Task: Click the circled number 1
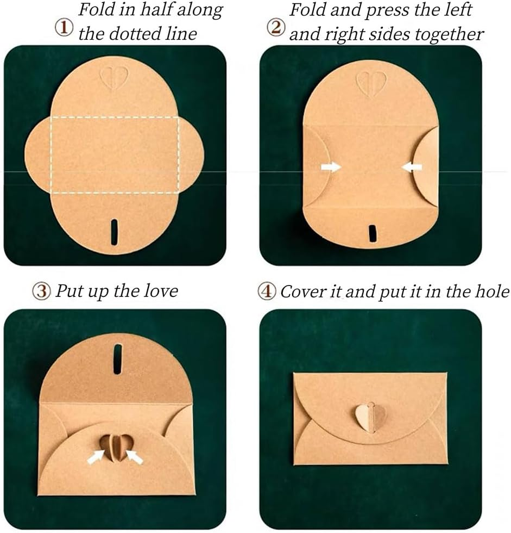point(64,28)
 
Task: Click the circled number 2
point(275,28)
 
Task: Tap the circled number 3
point(42,291)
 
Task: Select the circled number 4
point(267,292)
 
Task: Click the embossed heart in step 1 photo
point(115,78)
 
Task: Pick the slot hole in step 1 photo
point(115,232)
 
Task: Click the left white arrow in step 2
point(331,167)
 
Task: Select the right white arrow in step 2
point(412,167)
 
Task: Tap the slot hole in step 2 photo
point(373,233)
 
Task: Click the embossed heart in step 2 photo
point(371,83)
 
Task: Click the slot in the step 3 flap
point(118,359)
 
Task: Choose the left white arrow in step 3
point(96,456)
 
